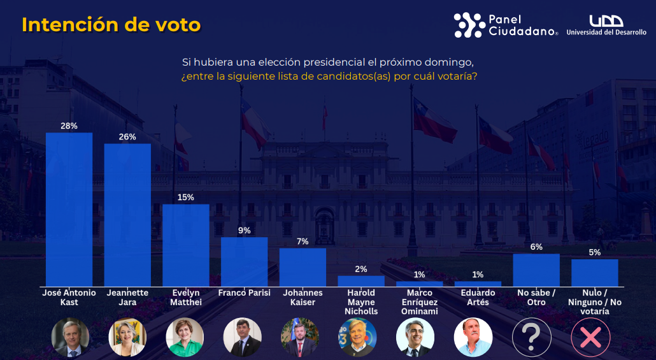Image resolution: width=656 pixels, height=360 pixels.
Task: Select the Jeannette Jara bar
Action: point(127,215)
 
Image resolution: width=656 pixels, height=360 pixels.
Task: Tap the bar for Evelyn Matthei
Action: point(186,245)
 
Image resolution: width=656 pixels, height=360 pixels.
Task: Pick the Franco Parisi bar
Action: point(244,261)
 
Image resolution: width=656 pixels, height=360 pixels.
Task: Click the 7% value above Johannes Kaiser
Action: point(303,241)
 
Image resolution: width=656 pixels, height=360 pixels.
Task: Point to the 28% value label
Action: point(69,126)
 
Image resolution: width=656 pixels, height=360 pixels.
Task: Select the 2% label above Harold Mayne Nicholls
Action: point(361,269)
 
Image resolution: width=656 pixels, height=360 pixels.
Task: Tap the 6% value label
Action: point(536,247)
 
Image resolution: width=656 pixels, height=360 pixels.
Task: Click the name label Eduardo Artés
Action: point(478,298)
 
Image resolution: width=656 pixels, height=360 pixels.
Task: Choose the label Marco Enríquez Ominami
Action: point(419,302)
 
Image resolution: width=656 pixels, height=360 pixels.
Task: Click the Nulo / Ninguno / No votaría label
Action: point(594,302)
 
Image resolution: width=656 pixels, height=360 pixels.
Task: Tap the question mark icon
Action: point(532,336)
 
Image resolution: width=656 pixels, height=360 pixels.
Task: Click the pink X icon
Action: point(590,336)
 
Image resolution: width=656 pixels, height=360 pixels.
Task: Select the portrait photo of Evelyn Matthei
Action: point(185,336)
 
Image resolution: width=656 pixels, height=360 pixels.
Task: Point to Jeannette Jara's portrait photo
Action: point(127,336)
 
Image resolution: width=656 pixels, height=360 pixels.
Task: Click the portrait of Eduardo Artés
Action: point(473,336)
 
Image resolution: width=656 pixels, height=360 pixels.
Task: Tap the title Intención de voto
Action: point(111,25)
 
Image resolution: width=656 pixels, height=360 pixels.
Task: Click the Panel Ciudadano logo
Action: point(506,25)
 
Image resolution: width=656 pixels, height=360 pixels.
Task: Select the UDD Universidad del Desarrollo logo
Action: point(606,25)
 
